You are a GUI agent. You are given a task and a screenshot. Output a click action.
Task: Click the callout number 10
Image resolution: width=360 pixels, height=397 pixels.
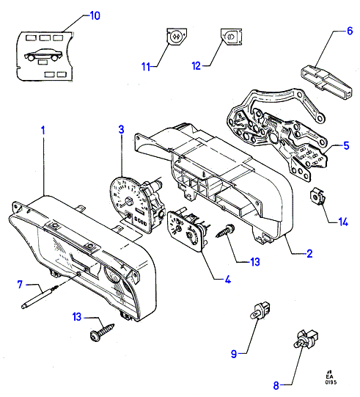tap(95, 15)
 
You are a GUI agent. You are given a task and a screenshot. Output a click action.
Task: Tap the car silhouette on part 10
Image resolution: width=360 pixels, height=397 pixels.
tap(43, 55)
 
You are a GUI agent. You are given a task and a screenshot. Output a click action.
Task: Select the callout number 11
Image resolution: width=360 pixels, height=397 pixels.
tap(146, 67)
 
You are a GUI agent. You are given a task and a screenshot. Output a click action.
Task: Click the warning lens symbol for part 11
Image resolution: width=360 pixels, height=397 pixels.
tap(177, 37)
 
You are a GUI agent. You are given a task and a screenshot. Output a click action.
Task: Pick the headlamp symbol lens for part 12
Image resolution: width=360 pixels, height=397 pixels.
tap(232, 37)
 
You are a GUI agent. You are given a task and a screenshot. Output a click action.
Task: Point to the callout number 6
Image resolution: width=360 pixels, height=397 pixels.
tap(350, 31)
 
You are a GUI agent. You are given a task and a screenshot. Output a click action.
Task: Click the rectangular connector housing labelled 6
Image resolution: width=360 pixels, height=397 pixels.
tap(326, 82)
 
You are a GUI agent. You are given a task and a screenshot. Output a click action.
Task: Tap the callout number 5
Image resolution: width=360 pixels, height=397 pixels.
tap(346, 145)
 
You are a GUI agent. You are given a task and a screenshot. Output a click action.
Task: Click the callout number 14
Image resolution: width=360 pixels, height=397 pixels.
tap(343, 222)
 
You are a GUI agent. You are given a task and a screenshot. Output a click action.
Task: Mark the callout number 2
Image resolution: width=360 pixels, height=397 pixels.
tap(309, 253)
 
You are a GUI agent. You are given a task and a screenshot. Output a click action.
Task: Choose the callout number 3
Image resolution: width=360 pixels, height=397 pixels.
tap(122, 129)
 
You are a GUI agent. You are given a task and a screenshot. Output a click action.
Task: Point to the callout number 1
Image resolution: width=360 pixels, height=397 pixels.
tap(43, 131)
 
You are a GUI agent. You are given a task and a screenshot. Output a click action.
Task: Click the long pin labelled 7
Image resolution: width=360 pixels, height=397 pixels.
tap(40, 296)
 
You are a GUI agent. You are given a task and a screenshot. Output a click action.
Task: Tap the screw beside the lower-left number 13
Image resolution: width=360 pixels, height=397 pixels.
tap(102, 332)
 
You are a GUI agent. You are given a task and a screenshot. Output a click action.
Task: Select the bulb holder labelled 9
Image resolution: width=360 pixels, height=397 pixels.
tap(260, 310)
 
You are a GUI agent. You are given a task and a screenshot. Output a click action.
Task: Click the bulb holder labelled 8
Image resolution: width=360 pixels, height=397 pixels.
tap(306, 339)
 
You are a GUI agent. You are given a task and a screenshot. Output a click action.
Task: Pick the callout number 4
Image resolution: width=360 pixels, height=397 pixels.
tap(228, 280)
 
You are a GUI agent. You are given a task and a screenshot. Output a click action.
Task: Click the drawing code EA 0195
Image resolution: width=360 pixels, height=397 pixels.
tap(331, 378)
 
